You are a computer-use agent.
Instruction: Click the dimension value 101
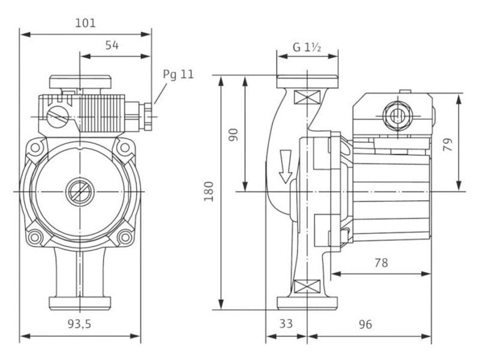click(85, 23)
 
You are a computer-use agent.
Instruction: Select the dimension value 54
click(112, 46)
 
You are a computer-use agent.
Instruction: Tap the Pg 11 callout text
click(178, 74)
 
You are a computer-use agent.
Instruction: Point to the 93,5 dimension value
click(80, 324)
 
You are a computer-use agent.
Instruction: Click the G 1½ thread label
click(307, 47)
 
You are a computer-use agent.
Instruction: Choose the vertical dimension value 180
click(209, 191)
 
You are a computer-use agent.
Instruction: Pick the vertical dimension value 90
click(233, 134)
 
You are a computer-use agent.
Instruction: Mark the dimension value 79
click(448, 144)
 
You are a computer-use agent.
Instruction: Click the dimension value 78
click(381, 263)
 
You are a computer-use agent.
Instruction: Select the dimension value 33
click(286, 324)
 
